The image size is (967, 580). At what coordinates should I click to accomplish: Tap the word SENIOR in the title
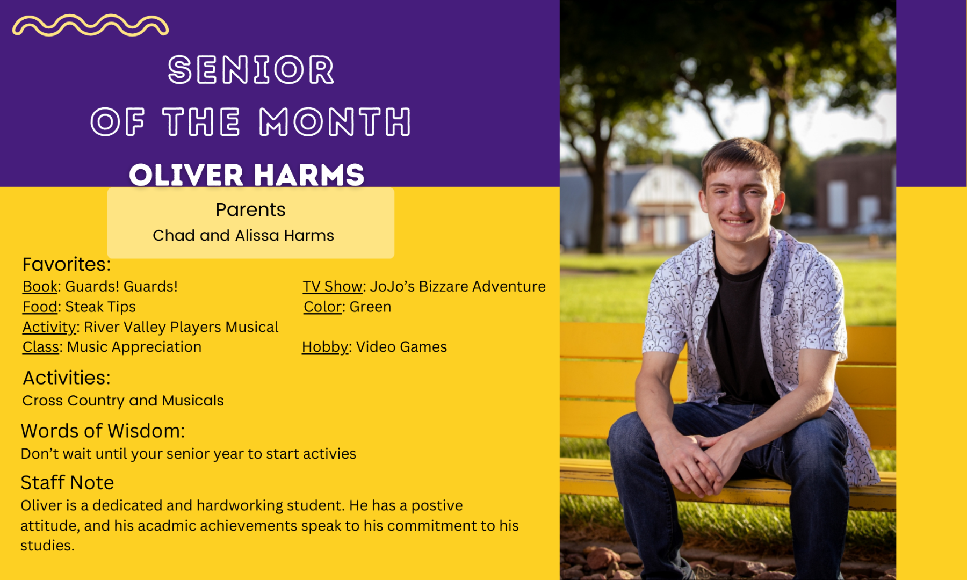(x=251, y=70)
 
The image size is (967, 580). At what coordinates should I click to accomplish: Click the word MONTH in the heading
(x=335, y=121)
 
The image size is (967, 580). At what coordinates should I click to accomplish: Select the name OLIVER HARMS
(x=247, y=175)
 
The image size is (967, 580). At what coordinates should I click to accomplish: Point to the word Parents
(x=250, y=209)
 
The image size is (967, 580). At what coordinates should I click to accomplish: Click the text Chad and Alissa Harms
(x=243, y=235)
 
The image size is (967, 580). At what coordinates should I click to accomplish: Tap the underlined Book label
(x=40, y=287)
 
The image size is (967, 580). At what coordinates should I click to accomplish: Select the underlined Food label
(x=40, y=307)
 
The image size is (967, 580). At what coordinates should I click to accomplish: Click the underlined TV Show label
(x=333, y=287)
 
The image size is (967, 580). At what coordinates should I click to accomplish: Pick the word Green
(x=370, y=307)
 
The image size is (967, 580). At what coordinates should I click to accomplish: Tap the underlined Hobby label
(x=325, y=347)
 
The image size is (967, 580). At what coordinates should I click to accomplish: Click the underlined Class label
(x=41, y=347)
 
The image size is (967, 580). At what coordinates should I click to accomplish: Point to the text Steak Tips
(x=100, y=307)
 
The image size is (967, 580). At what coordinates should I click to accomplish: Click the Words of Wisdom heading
(x=103, y=431)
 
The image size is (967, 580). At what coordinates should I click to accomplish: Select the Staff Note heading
(x=67, y=482)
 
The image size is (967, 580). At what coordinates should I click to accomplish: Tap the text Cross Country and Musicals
(x=123, y=401)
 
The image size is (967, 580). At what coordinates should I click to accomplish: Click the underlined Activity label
(x=49, y=328)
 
